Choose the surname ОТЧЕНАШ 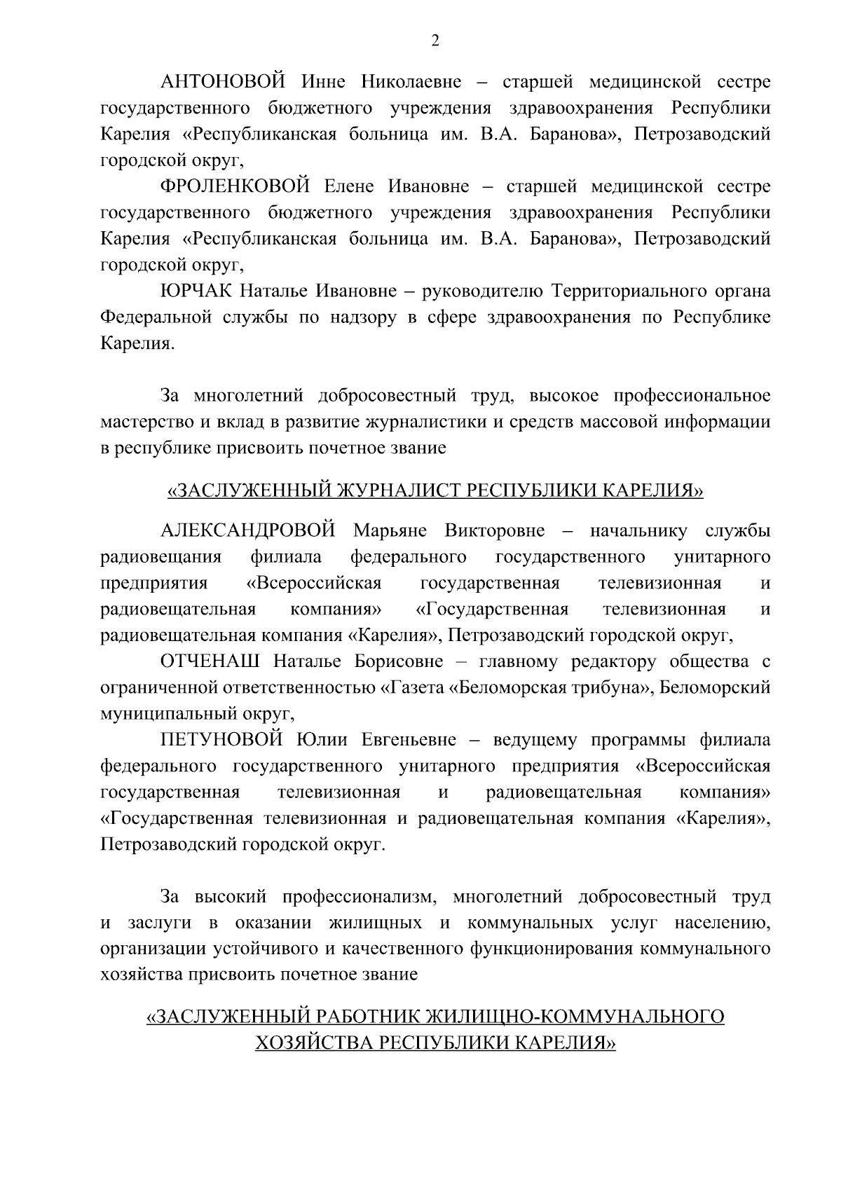point(211,661)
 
